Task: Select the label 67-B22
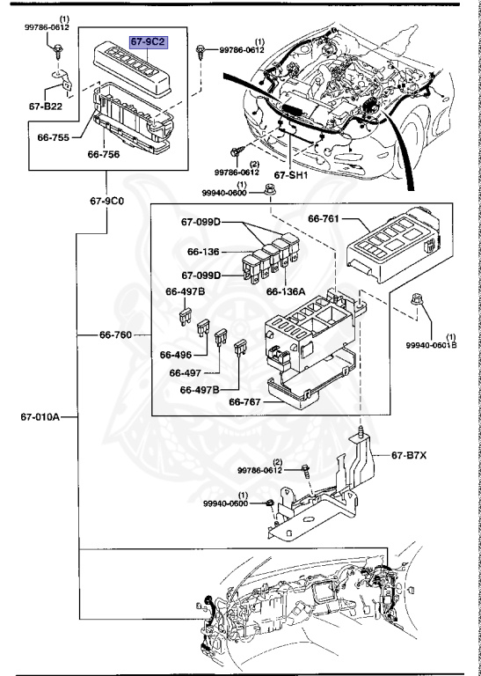point(46,106)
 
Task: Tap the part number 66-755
point(54,137)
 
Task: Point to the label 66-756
point(104,154)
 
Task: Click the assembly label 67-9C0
point(106,201)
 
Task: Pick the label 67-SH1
point(291,175)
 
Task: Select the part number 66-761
point(324,218)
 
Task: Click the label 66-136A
point(286,291)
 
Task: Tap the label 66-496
point(176,355)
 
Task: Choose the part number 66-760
point(115,334)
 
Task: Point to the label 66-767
point(244,401)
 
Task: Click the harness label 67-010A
point(40,417)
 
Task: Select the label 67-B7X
point(409,455)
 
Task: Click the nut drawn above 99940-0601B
point(417,299)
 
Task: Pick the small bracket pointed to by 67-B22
point(62,80)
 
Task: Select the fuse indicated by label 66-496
point(203,327)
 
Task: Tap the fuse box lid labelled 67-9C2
point(132,69)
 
